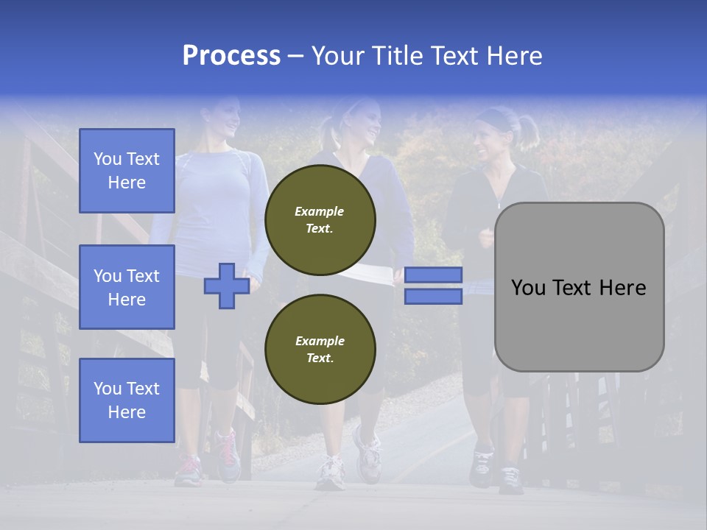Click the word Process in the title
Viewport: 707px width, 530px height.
(231, 56)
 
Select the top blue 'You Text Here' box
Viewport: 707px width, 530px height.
(127, 171)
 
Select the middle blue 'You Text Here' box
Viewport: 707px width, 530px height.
(127, 287)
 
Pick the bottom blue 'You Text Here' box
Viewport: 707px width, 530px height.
(127, 400)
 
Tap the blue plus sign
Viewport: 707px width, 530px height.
(226, 286)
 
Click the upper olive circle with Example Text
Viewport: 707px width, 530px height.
(320, 220)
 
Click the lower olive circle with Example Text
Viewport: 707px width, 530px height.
(320, 350)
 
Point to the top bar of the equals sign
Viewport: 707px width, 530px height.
(433, 275)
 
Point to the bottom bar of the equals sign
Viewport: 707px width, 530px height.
(433, 297)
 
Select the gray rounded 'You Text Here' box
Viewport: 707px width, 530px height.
(579, 287)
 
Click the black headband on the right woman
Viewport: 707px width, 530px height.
(493, 117)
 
